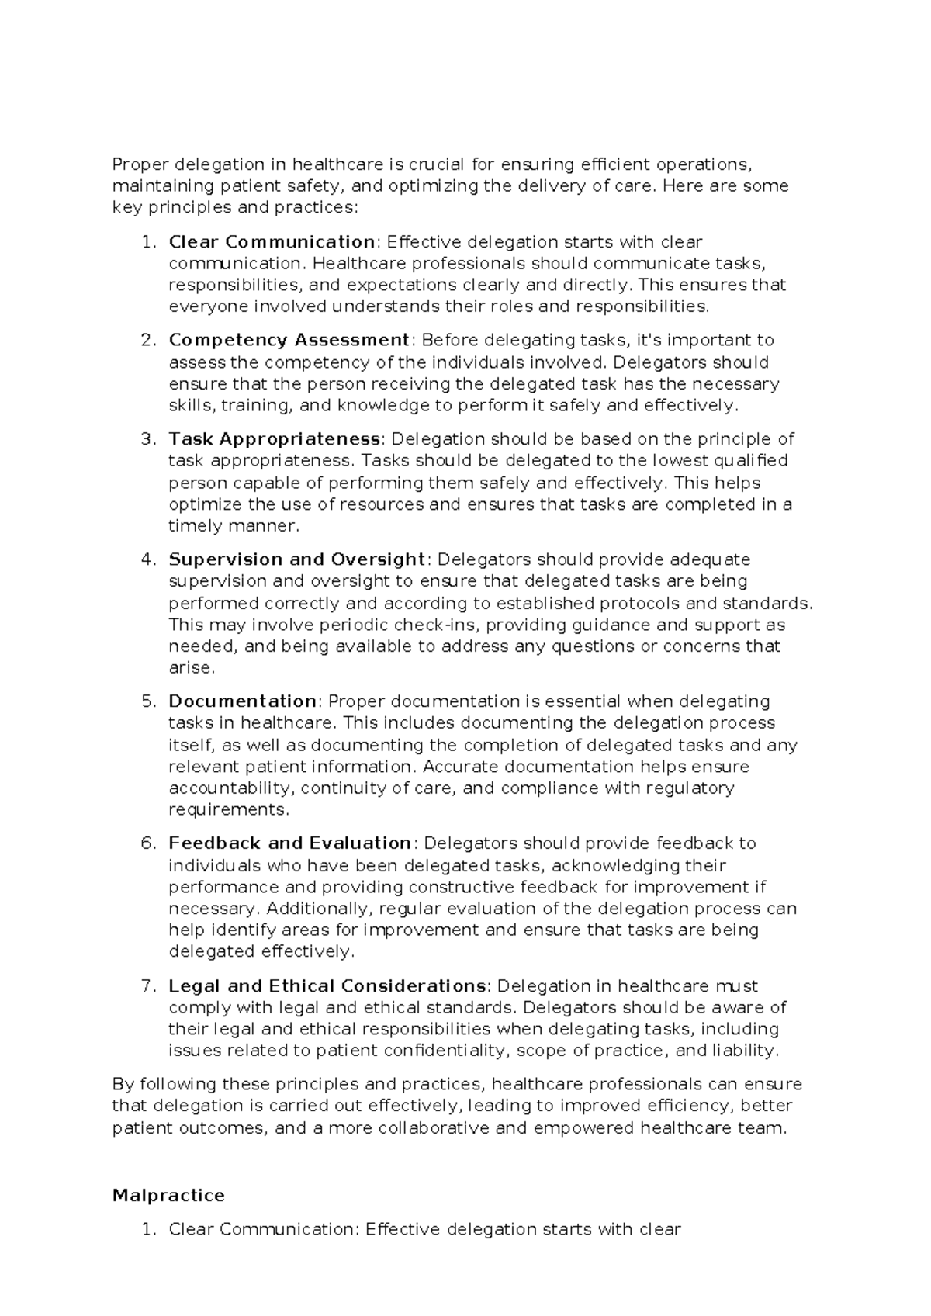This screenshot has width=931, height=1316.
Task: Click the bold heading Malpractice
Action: coord(168,1195)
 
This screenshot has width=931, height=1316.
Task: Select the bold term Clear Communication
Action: coord(272,241)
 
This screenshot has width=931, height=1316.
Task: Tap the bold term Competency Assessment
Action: coord(289,340)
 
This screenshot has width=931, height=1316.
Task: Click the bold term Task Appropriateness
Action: coord(275,439)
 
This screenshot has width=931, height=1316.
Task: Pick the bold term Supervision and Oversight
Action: coord(297,559)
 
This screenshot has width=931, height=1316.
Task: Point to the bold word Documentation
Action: coord(242,701)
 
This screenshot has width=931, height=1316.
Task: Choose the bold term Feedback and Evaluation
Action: coord(289,843)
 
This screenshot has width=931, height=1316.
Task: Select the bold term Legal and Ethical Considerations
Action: coord(327,986)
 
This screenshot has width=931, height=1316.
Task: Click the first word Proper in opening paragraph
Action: coord(140,164)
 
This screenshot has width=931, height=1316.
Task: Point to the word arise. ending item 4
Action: coord(191,668)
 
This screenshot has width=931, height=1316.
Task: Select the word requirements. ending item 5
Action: coord(229,810)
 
